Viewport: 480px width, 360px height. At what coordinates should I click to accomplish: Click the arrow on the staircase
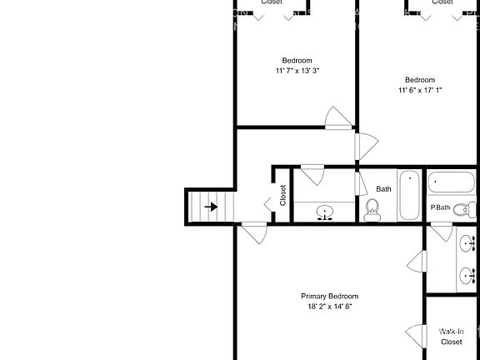212,207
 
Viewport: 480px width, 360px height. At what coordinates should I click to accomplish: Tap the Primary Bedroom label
330,297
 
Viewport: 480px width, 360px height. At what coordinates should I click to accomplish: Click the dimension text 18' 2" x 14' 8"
330,307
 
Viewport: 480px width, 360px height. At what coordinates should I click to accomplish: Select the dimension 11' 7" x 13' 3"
297,71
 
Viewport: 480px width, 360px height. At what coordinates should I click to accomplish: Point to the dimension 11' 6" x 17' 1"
420,90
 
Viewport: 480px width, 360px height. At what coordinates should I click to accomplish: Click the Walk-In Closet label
451,336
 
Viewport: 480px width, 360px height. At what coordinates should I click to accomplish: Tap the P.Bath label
440,207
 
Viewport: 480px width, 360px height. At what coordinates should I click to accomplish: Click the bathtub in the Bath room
410,196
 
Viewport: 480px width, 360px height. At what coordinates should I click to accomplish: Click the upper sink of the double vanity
466,244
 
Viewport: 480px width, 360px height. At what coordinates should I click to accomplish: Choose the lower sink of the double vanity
466,274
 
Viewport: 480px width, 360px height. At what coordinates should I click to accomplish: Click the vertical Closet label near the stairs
283,195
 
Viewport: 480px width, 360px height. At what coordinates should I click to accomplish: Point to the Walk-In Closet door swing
415,335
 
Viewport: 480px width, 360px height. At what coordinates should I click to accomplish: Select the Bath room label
383,189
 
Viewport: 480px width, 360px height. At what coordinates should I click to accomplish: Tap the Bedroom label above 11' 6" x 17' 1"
420,80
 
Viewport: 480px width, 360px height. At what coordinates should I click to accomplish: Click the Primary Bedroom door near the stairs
254,231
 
